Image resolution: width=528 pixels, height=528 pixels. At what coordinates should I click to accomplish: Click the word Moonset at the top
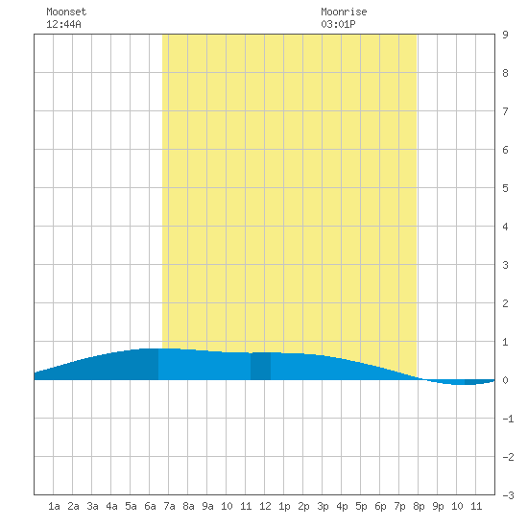66,12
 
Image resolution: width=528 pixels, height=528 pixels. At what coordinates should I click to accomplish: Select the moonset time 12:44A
63,24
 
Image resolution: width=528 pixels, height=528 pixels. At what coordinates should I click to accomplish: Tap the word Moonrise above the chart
344,12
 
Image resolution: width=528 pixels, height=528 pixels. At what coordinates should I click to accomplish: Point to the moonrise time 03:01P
338,24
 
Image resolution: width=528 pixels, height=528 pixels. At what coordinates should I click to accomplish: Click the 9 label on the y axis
505,35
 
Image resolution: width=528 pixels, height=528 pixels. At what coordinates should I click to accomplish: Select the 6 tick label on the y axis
505,150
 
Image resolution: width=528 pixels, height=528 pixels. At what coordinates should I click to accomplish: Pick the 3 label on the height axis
505,265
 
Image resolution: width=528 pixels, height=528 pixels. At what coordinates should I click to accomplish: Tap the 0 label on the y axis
505,380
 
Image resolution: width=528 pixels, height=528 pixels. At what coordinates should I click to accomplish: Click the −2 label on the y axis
508,457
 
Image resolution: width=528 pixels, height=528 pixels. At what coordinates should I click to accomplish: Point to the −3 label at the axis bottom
508,495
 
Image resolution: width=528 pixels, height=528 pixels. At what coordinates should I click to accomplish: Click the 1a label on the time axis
54,506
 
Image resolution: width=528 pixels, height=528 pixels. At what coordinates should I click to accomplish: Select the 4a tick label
111,506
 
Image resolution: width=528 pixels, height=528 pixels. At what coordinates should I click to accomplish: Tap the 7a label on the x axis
169,506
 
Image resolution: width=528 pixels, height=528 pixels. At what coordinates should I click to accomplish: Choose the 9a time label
207,506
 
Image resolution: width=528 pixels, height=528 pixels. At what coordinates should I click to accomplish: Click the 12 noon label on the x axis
265,506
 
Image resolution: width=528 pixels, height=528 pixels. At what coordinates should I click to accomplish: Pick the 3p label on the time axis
323,506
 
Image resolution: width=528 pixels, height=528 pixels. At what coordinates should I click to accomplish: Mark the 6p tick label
380,506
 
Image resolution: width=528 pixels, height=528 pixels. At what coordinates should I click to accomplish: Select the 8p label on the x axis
419,506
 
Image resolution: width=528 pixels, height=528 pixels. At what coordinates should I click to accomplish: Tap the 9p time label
438,506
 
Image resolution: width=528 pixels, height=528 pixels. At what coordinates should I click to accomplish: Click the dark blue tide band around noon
260,366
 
